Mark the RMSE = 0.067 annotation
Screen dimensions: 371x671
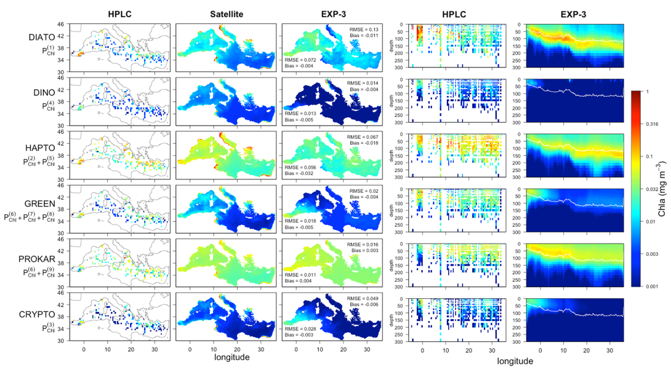pos(364,136)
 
